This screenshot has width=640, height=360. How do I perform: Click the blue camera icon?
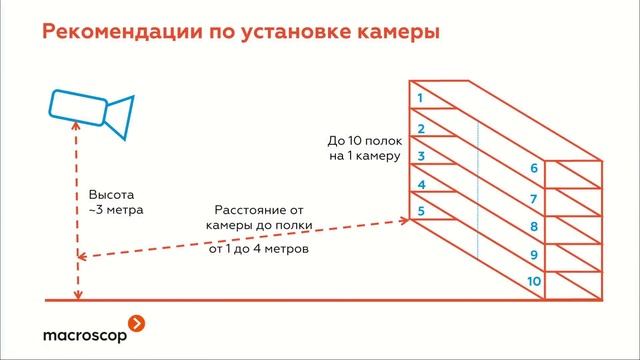(91, 111)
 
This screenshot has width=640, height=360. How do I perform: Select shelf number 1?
(421, 98)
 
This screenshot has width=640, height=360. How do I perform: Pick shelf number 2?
(421, 128)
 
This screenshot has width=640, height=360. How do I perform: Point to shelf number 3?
(421, 156)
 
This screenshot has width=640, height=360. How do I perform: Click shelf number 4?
(421, 185)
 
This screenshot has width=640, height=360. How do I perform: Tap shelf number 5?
(421, 211)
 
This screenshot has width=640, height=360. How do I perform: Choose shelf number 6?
(534, 169)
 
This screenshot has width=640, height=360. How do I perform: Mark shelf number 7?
(534, 199)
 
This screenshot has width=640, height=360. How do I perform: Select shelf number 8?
(534, 228)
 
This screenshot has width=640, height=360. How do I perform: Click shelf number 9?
(534, 256)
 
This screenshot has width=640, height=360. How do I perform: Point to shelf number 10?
(534, 283)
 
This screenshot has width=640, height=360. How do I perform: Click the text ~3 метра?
(116, 211)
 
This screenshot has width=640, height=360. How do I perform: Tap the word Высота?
(111, 194)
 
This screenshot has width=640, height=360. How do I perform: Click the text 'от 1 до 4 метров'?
(259, 248)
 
